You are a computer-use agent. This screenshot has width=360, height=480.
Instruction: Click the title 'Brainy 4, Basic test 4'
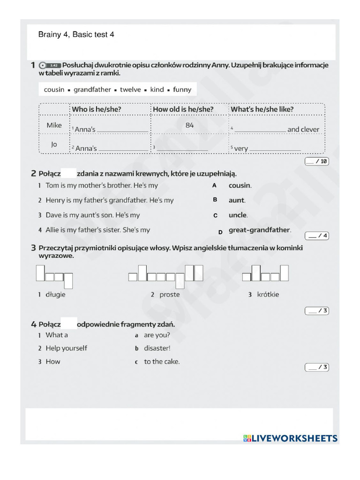[76, 35]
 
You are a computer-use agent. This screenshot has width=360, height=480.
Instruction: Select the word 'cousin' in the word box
[54, 90]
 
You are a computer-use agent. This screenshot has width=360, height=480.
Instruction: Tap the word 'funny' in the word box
[182, 90]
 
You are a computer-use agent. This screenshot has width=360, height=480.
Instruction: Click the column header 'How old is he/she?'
[183, 109]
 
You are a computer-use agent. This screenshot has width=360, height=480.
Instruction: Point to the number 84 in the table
[189, 125]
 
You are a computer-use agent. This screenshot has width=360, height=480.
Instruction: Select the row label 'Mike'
[54, 125]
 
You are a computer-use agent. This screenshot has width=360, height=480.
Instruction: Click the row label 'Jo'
[54, 144]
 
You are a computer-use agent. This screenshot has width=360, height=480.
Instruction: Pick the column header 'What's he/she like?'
[262, 109]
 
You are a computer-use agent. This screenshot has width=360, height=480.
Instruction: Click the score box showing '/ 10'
[317, 161]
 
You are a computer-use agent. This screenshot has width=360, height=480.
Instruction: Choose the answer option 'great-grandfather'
[260, 230]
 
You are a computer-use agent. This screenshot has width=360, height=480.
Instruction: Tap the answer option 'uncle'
[238, 215]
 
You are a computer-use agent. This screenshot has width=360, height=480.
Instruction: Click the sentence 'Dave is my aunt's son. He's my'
[92, 215]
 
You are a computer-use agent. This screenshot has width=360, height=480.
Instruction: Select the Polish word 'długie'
[55, 294]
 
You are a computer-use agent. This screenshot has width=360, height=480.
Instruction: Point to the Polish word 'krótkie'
[268, 294]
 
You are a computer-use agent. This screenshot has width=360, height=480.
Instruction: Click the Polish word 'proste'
[169, 294]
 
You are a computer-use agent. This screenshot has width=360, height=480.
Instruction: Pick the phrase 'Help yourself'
[66, 348]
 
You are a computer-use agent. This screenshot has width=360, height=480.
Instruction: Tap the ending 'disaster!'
[157, 348]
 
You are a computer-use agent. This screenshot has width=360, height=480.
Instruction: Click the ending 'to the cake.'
[162, 361]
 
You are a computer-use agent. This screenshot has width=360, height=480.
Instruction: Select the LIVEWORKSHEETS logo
[290, 438]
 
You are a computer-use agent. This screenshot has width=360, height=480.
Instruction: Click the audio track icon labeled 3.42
[50, 65]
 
